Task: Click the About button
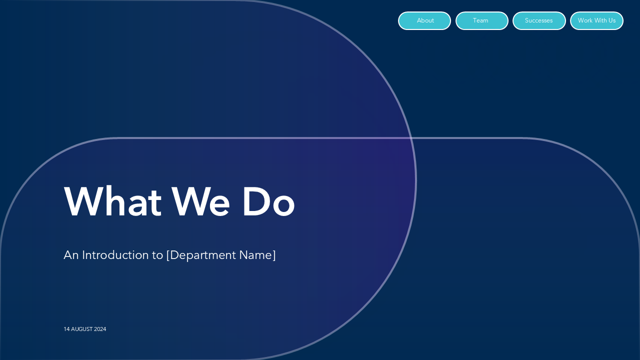pos(424,20)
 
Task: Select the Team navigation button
pos(481,20)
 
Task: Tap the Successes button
pos(539,20)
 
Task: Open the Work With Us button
pos(596,20)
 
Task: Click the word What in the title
pos(112,201)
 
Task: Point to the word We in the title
pos(201,201)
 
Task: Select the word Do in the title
pos(268,201)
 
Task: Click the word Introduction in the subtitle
pos(114,255)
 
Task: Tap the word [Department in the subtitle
pos(201,255)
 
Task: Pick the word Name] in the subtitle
pos(257,255)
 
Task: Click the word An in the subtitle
pos(71,255)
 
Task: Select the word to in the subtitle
pos(157,255)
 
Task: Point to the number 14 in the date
pos(66,329)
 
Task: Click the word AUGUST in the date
pos(81,329)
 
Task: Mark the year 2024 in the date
pos(100,329)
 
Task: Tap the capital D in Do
pos(255,201)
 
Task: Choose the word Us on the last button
pos(612,20)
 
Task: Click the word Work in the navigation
pos(585,20)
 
